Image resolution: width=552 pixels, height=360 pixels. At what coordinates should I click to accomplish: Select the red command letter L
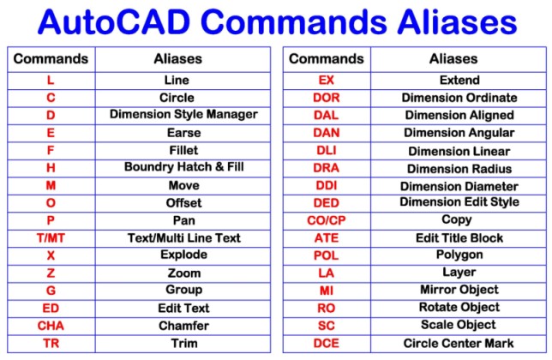click(51, 80)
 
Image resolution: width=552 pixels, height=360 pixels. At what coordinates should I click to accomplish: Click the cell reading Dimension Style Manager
click(183, 115)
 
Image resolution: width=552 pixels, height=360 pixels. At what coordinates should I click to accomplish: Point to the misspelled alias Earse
click(183, 133)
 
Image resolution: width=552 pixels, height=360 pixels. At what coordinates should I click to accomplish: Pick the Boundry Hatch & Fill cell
click(183, 167)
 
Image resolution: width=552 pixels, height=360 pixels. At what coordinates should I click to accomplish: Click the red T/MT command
click(51, 237)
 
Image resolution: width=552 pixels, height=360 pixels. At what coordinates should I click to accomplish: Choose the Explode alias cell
click(183, 255)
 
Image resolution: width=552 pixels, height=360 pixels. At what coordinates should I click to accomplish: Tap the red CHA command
click(51, 326)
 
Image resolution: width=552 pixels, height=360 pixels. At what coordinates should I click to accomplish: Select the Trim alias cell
click(183, 343)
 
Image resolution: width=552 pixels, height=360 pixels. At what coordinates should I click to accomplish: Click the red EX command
click(327, 80)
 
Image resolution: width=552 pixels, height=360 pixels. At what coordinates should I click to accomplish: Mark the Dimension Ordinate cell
click(459, 98)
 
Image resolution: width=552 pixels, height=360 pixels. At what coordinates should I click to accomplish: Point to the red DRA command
click(327, 168)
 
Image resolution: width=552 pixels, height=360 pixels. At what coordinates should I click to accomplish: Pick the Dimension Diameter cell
click(459, 186)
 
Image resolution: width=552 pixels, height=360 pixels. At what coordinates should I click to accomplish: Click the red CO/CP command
click(327, 220)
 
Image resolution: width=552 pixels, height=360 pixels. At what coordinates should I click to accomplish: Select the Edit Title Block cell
click(459, 237)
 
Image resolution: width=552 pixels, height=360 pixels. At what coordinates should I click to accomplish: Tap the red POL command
click(327, 255)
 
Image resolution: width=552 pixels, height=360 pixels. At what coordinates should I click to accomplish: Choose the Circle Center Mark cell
click(459, 343)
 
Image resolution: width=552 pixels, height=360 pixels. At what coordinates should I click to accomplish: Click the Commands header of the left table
click(51, 59)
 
